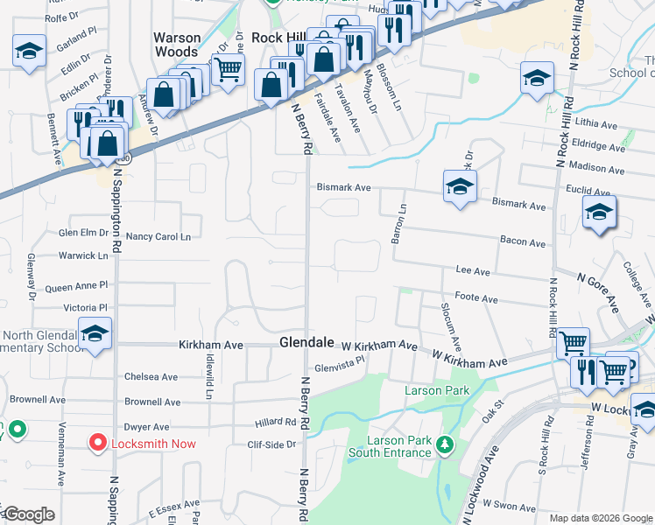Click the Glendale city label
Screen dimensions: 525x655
[306, 341]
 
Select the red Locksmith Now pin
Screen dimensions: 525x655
[102, 443]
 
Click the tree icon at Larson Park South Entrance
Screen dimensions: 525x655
[446, 444]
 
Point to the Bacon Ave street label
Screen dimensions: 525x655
[522, 243]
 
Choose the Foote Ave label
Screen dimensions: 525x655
[476, 299]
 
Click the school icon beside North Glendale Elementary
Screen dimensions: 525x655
[95, 334]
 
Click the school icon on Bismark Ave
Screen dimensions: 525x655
[460, 186]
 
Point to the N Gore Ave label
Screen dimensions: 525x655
[599, 290]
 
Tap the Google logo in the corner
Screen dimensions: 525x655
[29, 514]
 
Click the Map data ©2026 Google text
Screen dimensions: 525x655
[601, 518]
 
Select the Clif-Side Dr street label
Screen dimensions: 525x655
[272, 444]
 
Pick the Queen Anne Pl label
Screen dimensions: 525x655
[76, 286]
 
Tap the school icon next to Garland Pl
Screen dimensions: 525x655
[29, 51]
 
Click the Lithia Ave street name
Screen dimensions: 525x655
[597, 126]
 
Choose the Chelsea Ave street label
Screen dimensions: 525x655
[151, 377]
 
